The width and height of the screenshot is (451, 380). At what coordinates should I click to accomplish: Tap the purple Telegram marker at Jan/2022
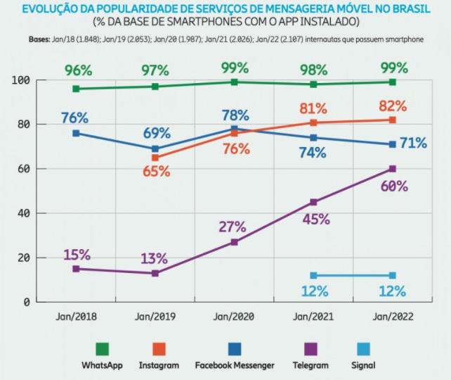393,169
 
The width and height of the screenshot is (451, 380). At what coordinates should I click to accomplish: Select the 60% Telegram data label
393,186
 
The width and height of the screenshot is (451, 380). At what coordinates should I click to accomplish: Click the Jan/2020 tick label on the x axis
234,317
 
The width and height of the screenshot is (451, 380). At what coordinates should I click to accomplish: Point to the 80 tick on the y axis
23,125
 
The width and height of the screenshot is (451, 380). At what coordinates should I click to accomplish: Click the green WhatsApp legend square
103,349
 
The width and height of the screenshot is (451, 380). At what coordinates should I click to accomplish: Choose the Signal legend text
362,365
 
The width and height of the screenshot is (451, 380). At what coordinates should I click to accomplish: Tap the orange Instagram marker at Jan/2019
155,158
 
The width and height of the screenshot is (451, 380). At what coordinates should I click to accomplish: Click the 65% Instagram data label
155,171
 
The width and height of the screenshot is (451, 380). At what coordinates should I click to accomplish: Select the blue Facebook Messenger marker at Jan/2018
76,133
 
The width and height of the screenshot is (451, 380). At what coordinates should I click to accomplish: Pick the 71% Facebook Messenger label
413,144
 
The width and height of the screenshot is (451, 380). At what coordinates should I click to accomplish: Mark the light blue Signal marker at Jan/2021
313,275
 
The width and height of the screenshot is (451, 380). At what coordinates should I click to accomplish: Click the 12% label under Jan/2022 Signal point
392,291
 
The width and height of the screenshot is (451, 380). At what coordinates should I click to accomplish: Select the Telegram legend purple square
311,349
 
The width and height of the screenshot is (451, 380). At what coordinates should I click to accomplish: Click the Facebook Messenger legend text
235,365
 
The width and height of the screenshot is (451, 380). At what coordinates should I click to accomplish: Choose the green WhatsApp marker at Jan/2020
234,82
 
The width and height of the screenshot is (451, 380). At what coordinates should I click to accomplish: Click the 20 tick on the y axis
23,258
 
